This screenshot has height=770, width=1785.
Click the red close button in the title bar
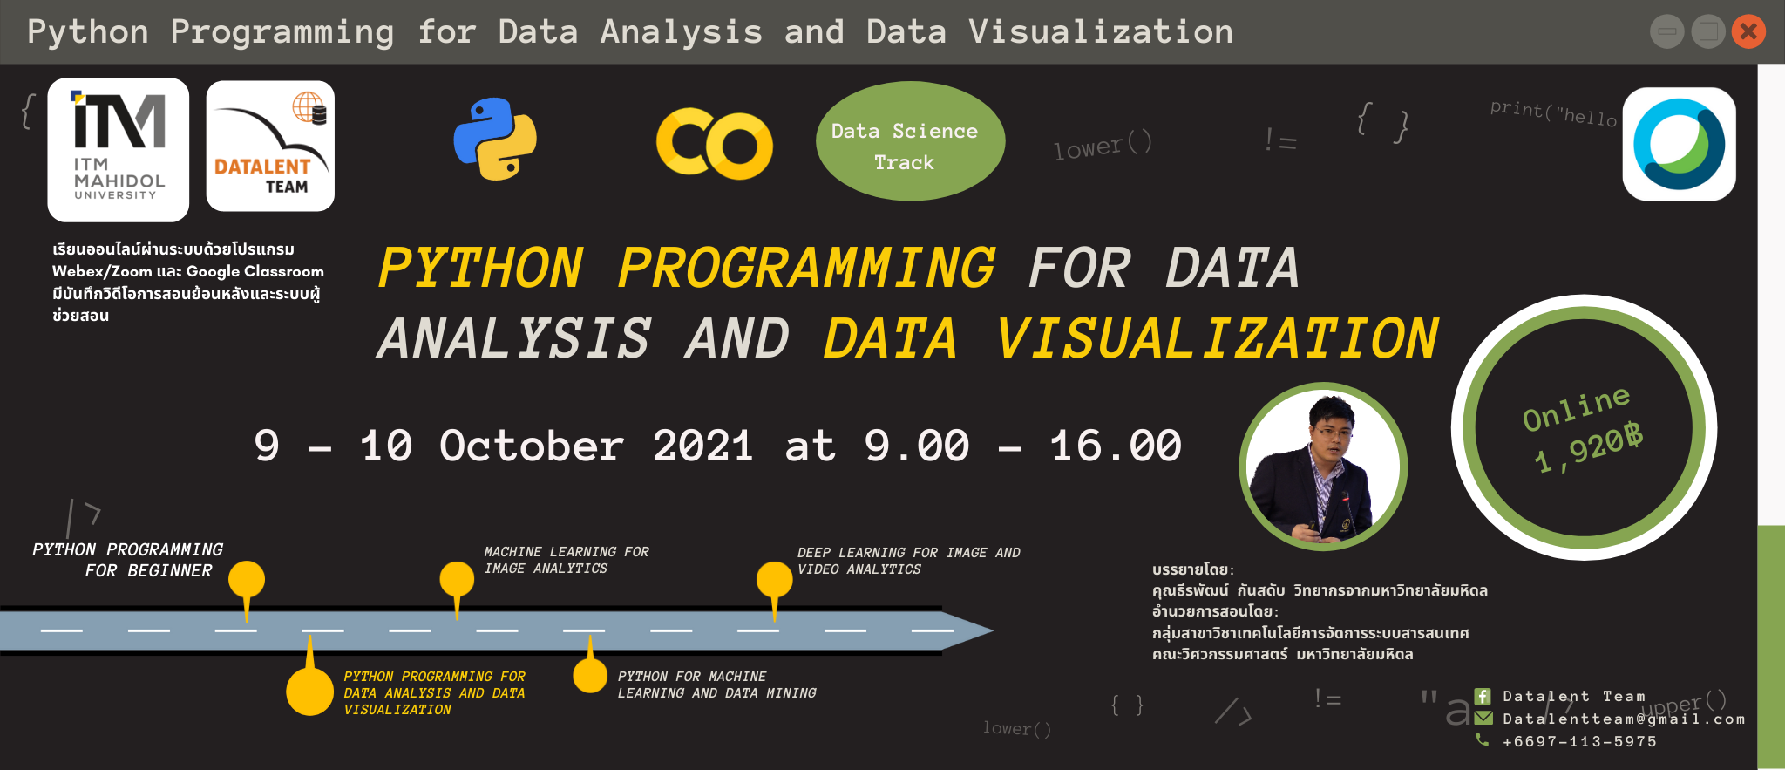click(x=1748, y=32)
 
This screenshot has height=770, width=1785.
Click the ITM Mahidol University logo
click(x=119, y=149)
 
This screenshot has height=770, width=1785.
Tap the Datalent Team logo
click(x=270, y=147)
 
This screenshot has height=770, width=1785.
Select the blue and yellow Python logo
click(x=495, y=140)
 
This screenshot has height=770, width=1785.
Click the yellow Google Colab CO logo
click(x=714, y=144)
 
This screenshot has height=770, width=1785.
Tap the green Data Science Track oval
click(x=910, y=141)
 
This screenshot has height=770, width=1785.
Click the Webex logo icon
click(x=1679, y=144)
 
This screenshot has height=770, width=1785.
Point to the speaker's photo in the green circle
click(x=1322, y=467)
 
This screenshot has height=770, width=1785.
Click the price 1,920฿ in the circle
click(x=1588, y=448)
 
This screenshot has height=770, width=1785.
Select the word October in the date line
click(x=532, y=446)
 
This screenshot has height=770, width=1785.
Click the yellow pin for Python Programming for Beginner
click(x=247, y=580)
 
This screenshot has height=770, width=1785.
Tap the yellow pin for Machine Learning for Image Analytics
click(x=457, y=580)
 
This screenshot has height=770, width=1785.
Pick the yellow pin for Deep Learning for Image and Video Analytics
click(x=774, y=580)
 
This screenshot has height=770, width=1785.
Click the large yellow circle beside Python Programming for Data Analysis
click(x=309, y=691)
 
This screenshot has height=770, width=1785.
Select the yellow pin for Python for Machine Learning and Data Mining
click(x=590, y=674)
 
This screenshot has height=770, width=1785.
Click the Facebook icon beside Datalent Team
click(x=1483, y=696)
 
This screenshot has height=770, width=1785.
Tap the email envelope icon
click(x=1483, y=718)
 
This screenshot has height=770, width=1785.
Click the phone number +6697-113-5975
click(x=1579, y=741)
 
